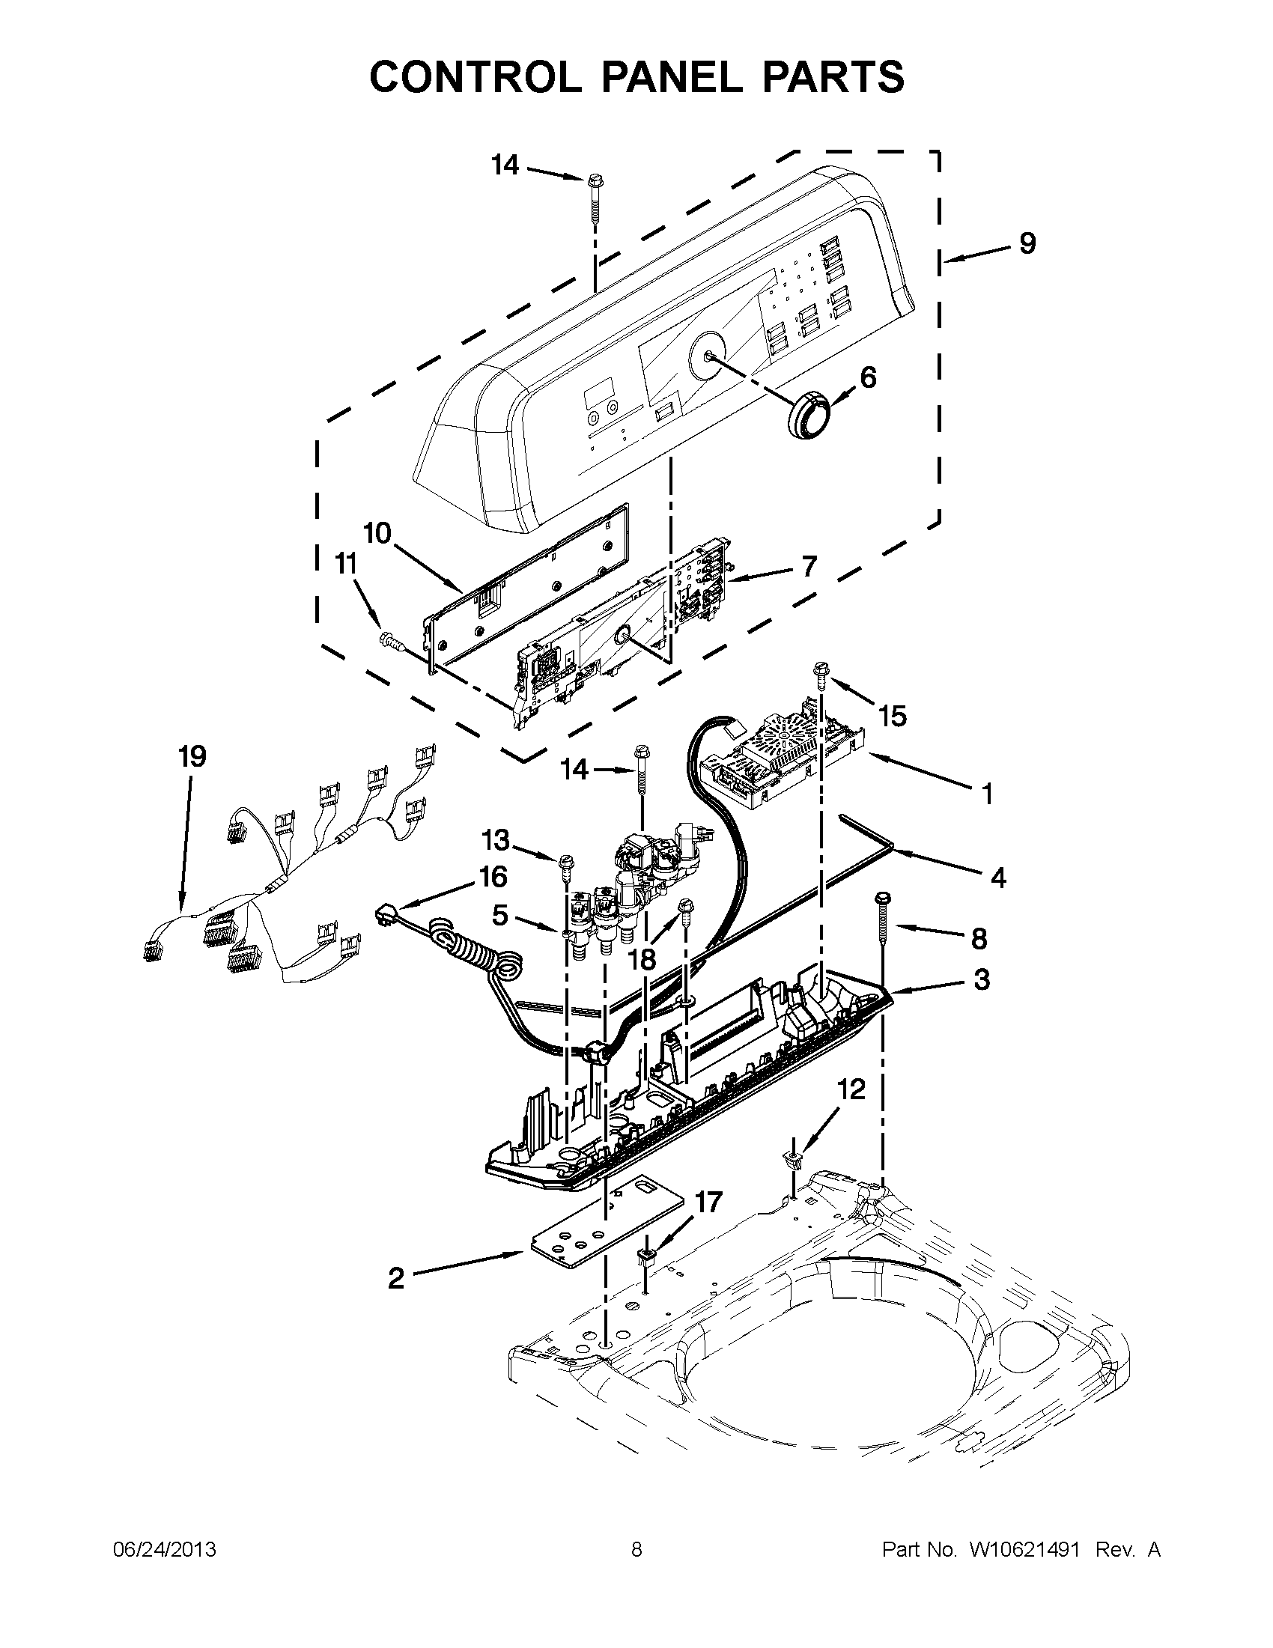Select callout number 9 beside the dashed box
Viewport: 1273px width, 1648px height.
point(1027,243)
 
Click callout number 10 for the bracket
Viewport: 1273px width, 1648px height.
point(377,534)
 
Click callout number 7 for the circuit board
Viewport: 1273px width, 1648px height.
point(808,565)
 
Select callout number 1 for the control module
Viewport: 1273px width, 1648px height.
point(986,793)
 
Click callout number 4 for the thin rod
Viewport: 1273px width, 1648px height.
point(997,878)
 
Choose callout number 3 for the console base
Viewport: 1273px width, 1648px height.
point(981,979)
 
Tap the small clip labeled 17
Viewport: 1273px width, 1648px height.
point(646,1257)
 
